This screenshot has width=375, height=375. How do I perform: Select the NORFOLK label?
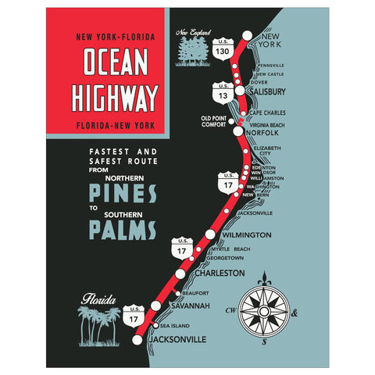point(262,133)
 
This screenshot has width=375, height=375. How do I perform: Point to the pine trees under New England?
point(191,52)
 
